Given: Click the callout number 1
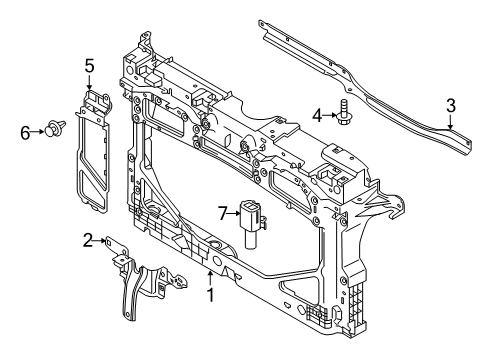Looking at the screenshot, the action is (210, 295).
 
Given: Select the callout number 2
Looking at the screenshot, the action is (88, 240).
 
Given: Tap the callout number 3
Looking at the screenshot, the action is (451, 106).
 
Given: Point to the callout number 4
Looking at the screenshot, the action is (317, 116).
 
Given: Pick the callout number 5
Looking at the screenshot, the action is (89, 66).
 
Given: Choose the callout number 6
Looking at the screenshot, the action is (25, 133).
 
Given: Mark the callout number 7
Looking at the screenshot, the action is (223, 213).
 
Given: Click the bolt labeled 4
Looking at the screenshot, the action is (343, 112).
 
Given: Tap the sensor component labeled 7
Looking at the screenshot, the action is (253, 223).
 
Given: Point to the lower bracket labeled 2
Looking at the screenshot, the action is (144, 278).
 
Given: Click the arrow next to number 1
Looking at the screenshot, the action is (210, 278).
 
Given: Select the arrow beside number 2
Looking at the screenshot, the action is (100, 240).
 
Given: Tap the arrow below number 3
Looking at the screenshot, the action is (450, 122).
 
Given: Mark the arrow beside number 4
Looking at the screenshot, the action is (330, 115).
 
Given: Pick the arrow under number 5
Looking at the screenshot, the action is (89, 82).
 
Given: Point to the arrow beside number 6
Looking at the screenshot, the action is (38, 132).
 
